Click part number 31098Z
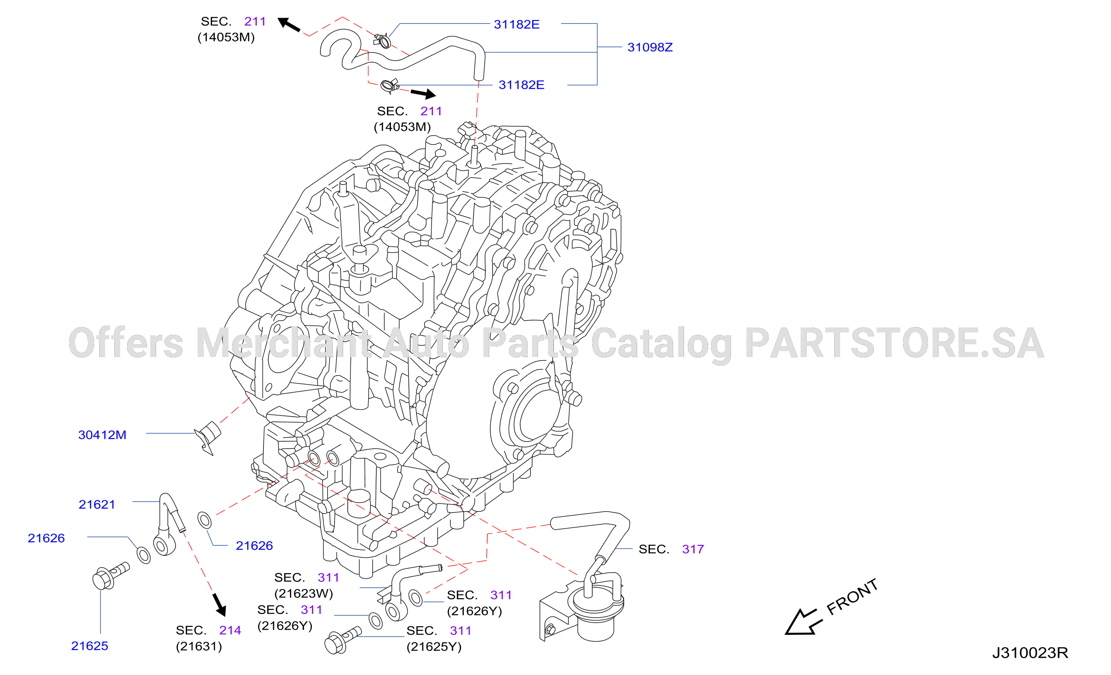click(650, 47)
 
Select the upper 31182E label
click(517, 25)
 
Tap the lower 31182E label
click(522, 85)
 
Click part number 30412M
click(102, 435)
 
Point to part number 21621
click(97, 504)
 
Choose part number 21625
click(90, 646)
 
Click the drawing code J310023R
click(1030, 653)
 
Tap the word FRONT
click(852, 597)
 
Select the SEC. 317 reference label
click(671, 549)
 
